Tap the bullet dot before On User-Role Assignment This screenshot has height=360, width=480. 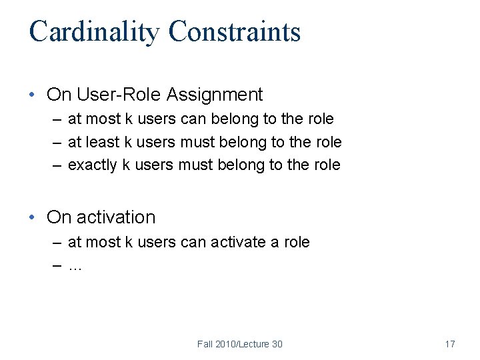tap(33, 95)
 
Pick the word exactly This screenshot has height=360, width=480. tap(93, 165)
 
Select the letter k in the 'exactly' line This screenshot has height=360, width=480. tap(126, 165)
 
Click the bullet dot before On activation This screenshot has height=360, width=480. tap(33, 217)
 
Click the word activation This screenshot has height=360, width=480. tap(116, 217)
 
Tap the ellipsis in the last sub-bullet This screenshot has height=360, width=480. tap(75, 267)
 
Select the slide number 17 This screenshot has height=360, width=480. tap(449, 344)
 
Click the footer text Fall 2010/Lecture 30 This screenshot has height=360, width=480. tap(239, 344)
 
